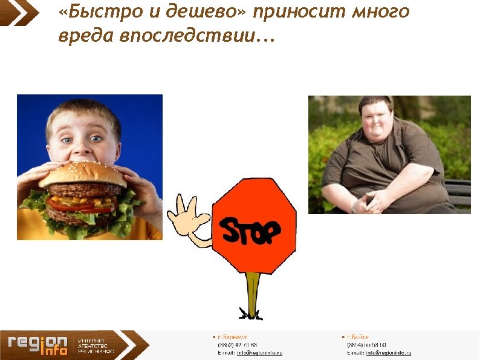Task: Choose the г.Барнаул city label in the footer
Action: (232, 336)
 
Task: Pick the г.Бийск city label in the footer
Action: (357, 336)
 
